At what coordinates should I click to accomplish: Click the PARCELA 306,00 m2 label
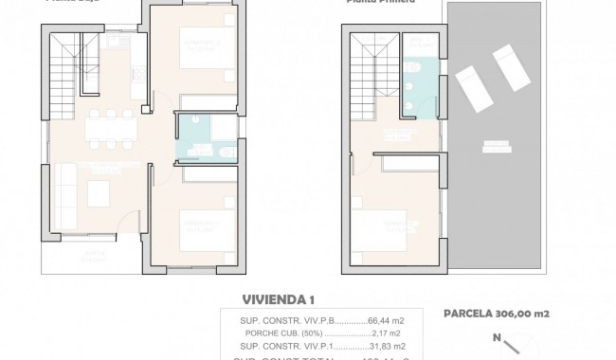[x=498, y=314]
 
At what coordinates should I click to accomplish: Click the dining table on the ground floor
[x=111, y=128]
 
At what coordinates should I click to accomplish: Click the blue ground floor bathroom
[x=200, y=138]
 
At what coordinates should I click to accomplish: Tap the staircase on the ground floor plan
[x=65, y=66]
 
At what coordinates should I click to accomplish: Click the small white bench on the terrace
[x=495, y=146]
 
